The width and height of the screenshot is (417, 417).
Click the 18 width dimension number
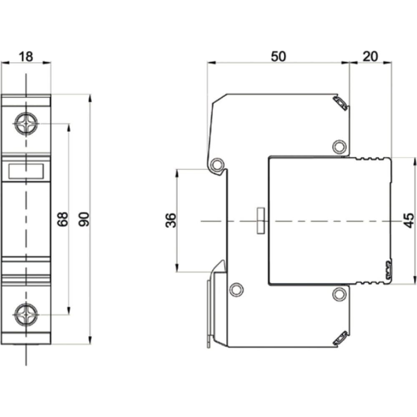coord(26,57)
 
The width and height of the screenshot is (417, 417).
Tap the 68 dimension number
coord(63,219)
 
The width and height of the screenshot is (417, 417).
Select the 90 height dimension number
coord(84,219)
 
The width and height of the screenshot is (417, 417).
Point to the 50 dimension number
coord(279,57)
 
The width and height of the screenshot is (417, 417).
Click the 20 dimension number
coord(370,57)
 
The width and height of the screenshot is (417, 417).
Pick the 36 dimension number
coord(171,220)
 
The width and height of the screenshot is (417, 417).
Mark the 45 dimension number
coord(409,220)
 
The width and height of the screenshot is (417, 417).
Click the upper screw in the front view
coord(26,124)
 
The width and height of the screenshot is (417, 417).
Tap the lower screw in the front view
coord(26,314)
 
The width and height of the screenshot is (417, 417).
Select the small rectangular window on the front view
coord(26,171)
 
